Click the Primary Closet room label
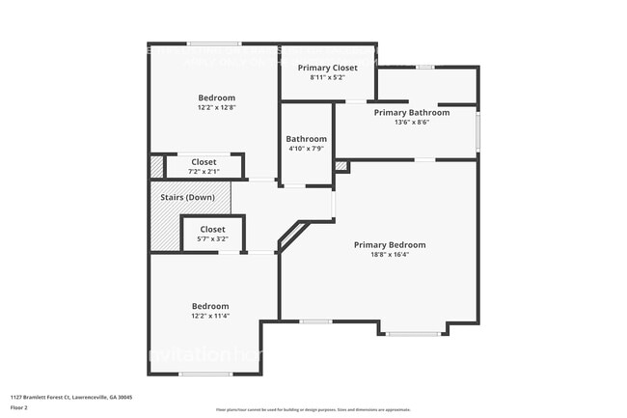point(327,68)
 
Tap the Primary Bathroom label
point(412,112)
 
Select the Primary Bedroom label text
point(389,245)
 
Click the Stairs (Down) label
point(188,197)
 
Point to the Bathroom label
point(306,139)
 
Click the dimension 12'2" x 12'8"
point(216,108)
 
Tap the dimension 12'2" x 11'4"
point(209,316)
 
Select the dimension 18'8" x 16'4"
point(389,256)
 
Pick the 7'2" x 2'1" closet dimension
point(203,172)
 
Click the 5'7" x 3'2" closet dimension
point(212,239)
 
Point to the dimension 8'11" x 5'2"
point(327,77)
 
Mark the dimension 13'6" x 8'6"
point(412,123)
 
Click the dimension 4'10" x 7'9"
point(306,150)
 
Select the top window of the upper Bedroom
point(214,43)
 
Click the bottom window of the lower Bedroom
point(205,374)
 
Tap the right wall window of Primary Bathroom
point(477,129)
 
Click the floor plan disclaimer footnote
point(313,409)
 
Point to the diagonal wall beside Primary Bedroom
point(293,235)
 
